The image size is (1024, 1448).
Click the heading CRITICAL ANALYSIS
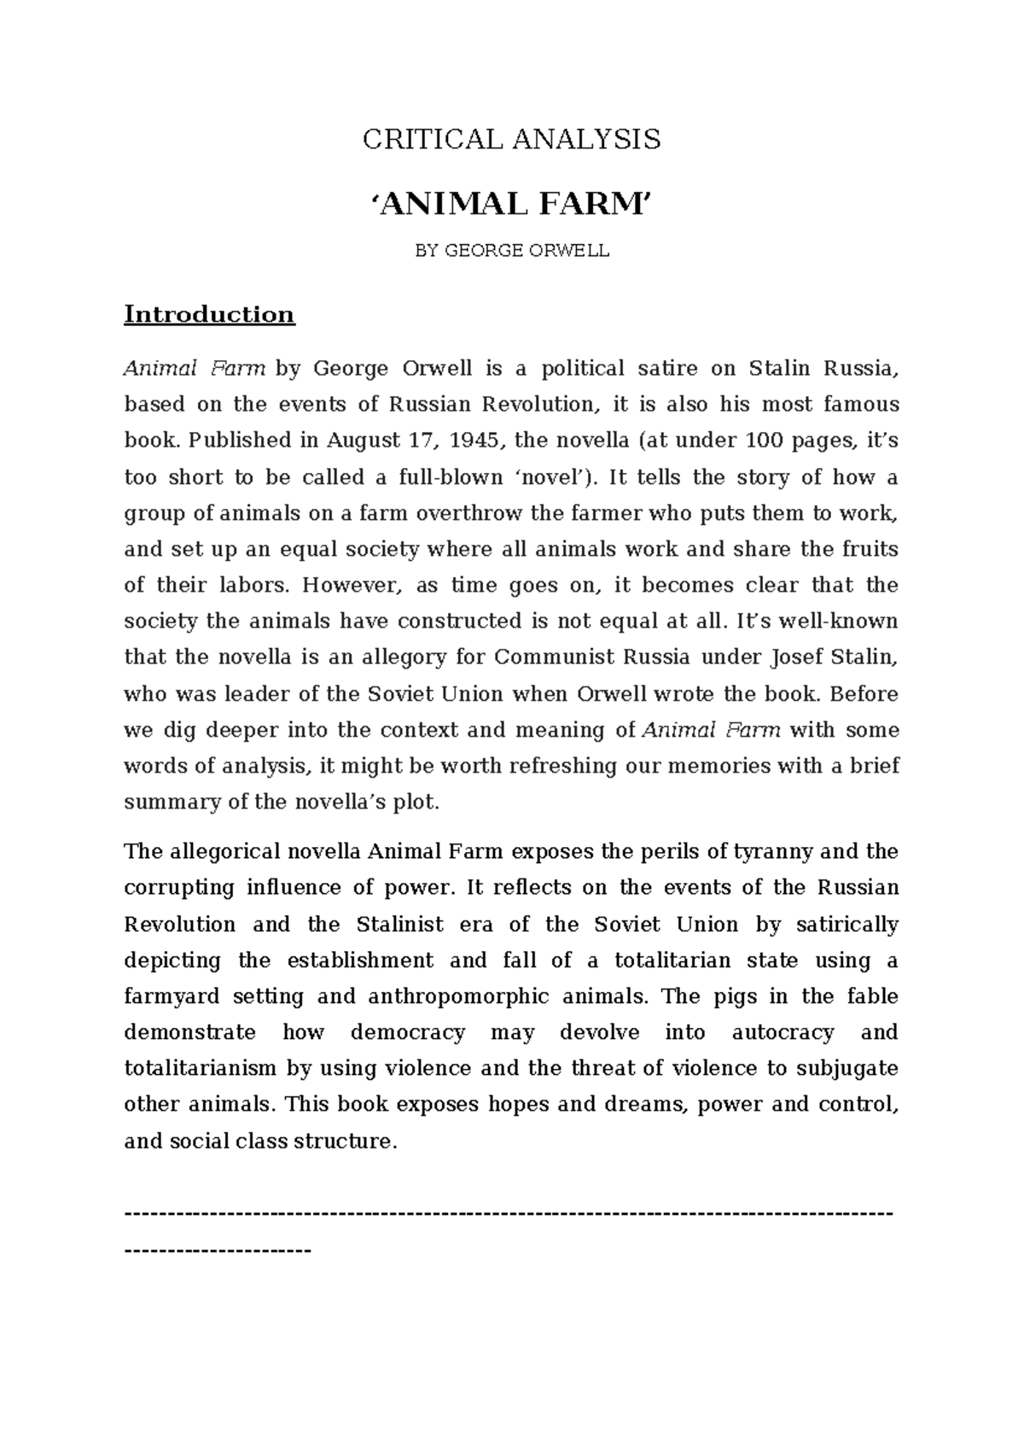[511, 140]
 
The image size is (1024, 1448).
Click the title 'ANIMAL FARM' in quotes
[511, 205]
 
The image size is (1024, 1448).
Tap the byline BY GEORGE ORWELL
[511, 252]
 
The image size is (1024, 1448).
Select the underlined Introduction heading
[209, 315]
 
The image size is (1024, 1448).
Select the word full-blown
[451, 477]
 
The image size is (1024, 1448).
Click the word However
[350, 586]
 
